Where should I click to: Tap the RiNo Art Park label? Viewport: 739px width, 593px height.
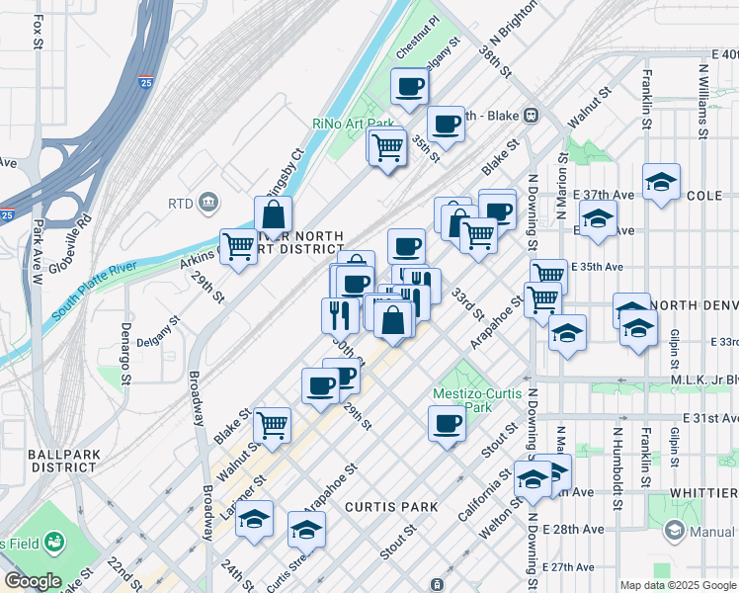tap(351, 124)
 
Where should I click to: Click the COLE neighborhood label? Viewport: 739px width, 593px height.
tap(704, 196)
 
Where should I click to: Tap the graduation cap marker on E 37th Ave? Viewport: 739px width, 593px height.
tap(661, 181)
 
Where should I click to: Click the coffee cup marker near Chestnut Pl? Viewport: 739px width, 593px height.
tap(409, 85)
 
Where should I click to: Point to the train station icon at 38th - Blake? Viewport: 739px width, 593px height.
tap(531, 114)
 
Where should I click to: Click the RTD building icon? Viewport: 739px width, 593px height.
tap(208, 204)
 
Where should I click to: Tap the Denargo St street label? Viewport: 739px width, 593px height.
tap(125, 352)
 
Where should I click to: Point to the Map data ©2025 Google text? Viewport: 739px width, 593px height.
tap(678, 585)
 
